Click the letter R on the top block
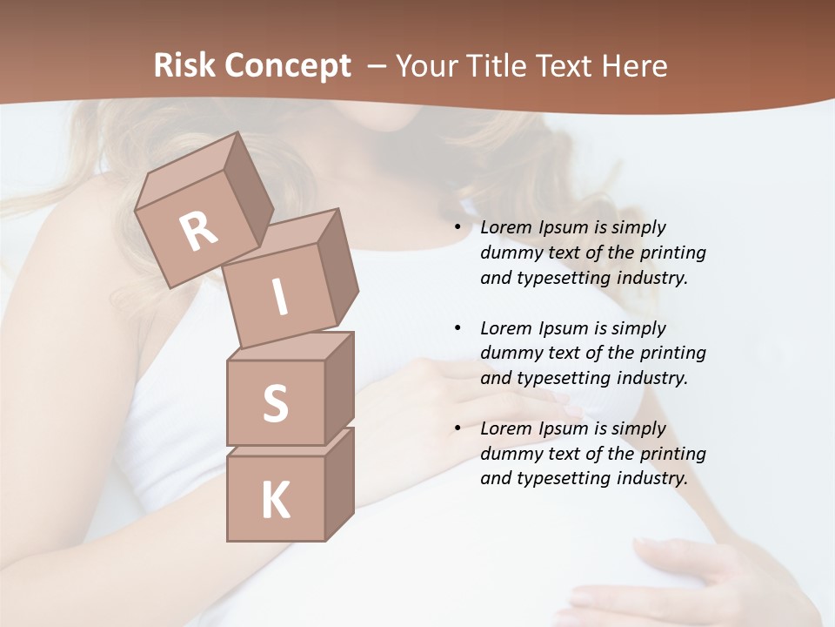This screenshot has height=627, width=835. point(199,231)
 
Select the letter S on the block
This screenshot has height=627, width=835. point(275,403)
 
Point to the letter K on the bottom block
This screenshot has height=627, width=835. point(275,501)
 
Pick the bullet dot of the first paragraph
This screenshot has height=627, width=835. point(458,228)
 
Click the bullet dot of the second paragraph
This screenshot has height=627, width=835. point(458,328)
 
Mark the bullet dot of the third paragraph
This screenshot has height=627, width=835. point(458,428)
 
